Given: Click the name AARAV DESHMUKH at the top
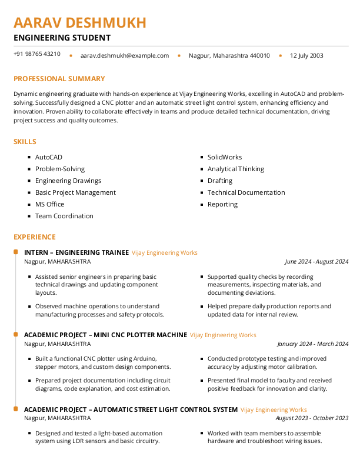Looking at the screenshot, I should (80, 23).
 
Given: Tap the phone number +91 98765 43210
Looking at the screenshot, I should (37, 54).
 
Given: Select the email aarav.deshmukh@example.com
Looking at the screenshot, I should (125, 56).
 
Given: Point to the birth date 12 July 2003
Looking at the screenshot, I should (306, 56).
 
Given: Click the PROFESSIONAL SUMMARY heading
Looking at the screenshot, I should (59, 79).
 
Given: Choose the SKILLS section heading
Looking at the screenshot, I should (25, 142).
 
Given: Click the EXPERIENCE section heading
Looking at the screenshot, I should (35, 237).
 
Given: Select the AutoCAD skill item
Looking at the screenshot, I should (49, 158).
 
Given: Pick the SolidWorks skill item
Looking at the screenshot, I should (225, 158).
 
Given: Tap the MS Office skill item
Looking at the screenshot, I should (50, 205).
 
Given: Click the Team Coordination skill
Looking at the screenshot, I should (64, 217).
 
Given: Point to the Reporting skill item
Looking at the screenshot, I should (222, 205).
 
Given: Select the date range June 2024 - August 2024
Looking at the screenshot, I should (316, 262).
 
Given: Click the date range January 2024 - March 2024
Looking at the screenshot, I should (313, 344).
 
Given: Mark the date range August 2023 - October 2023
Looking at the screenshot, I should (312, 418).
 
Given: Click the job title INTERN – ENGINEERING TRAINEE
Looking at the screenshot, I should (76, 252).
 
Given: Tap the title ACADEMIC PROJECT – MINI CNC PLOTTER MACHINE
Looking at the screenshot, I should (105, 335).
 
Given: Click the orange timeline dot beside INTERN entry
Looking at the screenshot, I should (15, 252).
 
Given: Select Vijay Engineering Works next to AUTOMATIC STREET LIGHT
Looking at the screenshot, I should (274, 410).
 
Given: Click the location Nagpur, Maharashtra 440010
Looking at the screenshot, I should (229, 56).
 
